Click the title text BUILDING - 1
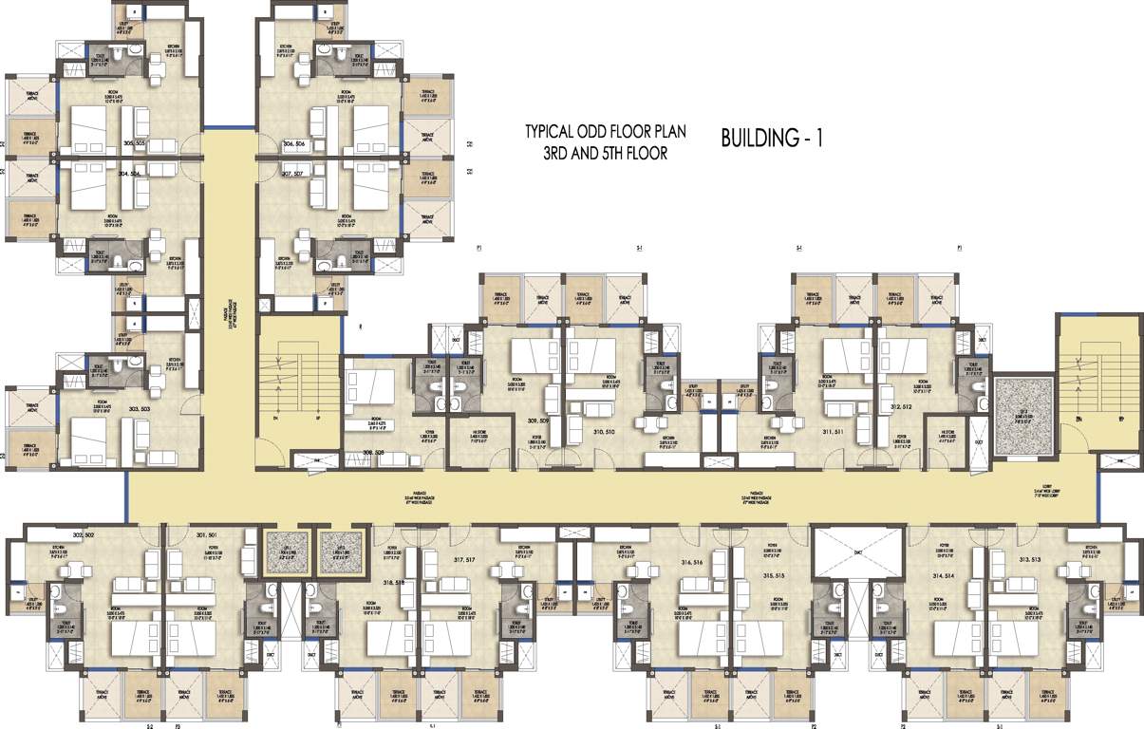click(x=772, y=139)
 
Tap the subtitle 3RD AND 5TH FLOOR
click(x=606, y=153)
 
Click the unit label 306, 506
click(x=301, y=143)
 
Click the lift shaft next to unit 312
click(x=1023, y=409)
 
